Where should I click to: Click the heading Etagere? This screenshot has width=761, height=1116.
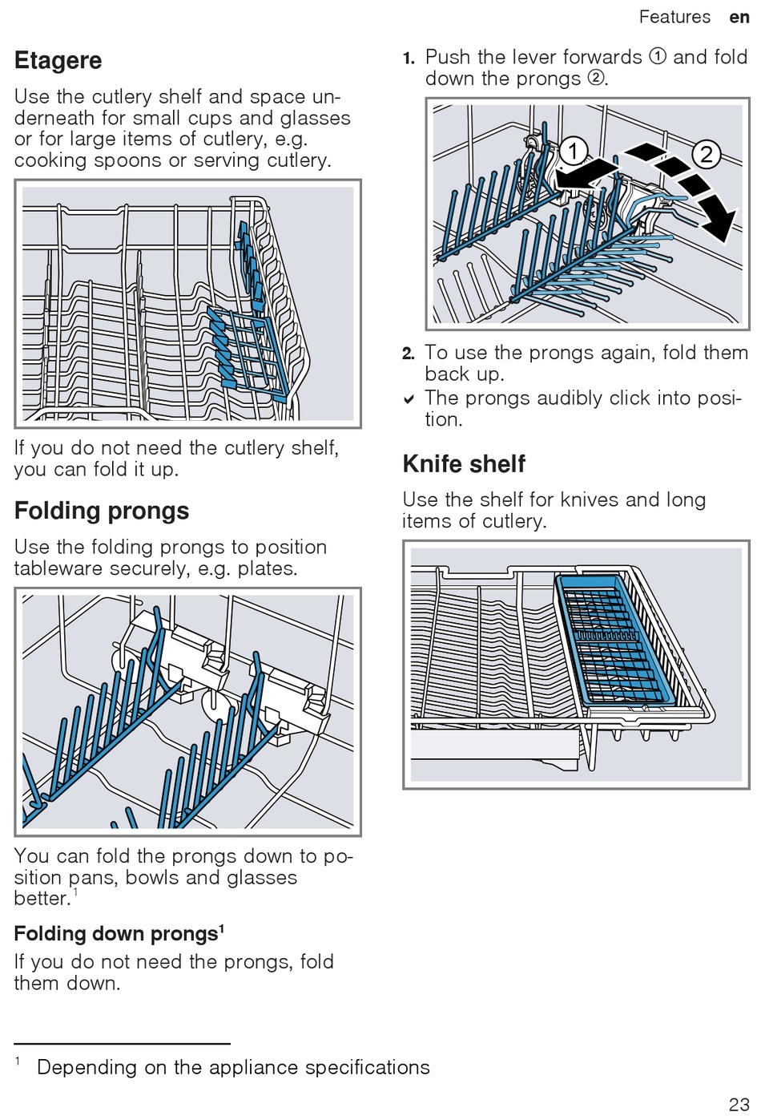click(x=58, y=61)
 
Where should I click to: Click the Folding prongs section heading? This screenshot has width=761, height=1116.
click(x=102, y=511)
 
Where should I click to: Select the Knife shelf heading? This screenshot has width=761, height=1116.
click(x=464, y=464)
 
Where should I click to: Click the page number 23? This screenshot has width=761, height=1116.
click(x=739, y=1104)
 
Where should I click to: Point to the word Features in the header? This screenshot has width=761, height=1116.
click(x=674, y=17)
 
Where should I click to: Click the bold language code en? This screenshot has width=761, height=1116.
click(x=739, y=17)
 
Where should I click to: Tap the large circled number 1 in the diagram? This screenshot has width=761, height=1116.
click(x=573, y=150)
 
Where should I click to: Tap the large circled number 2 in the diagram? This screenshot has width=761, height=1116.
click(x=706, y=154)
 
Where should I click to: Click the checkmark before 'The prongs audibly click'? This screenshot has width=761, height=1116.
click(x=409, y=399)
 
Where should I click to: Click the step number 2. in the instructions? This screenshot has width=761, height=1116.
click(x=409, y=354)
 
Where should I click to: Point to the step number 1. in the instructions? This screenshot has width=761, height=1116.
click(x=409, y=59)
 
